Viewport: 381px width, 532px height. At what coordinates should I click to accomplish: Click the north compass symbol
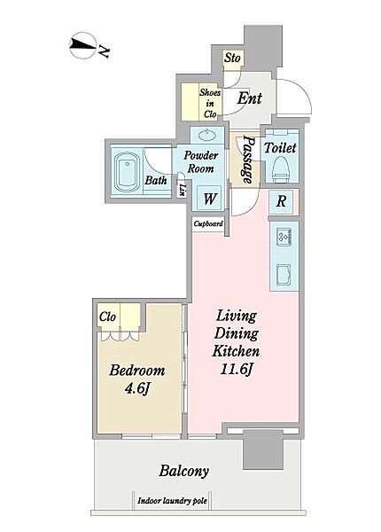pyautogui.click(x=82, y=46)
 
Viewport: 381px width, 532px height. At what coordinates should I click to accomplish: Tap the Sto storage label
pyautogui.click(x=232, y=58)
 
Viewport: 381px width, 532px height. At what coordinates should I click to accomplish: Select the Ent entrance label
pyautogui.click(x=250, y=98)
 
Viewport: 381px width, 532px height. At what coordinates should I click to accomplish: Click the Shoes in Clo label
pyautogui.click(x=210, y=103)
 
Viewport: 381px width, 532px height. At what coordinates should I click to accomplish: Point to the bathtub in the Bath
pyautogui.click(x=127, y=172)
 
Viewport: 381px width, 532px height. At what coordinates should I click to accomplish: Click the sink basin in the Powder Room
pyautogui.click(x=206, y=136)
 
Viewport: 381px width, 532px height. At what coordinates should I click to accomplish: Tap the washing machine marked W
pyautogui.click(x=209, y=198)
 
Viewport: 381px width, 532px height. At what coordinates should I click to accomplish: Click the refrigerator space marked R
pyautogui.click(x=281, y=201)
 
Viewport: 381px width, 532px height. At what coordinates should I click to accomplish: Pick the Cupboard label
pyautogui.click(x=208, y=223)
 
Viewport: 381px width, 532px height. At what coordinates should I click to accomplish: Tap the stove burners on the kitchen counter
pyautogui.click(x=284, y=236)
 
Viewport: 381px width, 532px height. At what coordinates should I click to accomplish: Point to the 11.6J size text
pyautogui.click(x=237, y=370)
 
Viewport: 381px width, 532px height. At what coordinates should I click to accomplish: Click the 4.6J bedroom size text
pyautogui.click(x=137, y=388)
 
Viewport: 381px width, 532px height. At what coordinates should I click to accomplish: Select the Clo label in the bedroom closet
pyautogui.click(x=107, y=317)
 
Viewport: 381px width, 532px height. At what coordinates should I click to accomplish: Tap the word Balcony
pyautogui.click(x=184, y=472)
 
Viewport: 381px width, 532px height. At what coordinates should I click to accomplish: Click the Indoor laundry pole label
pyautogui.click(x=172, y=501)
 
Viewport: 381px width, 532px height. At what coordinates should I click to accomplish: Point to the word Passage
pyautogui.click(x=248, y=160)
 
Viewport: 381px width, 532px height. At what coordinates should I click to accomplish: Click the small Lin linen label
pyautogui.click(x=182, y=190)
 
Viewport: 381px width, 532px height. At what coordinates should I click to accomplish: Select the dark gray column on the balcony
pyautogui.click(x=263, y=450)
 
